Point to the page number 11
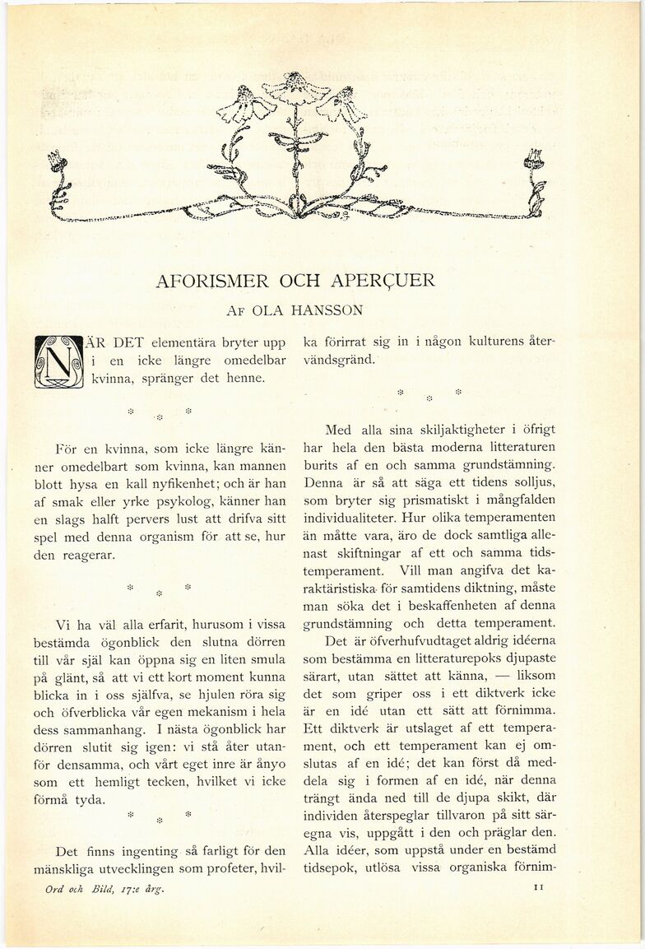click(x=540, y=888)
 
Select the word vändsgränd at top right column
click(x=340, y=360)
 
